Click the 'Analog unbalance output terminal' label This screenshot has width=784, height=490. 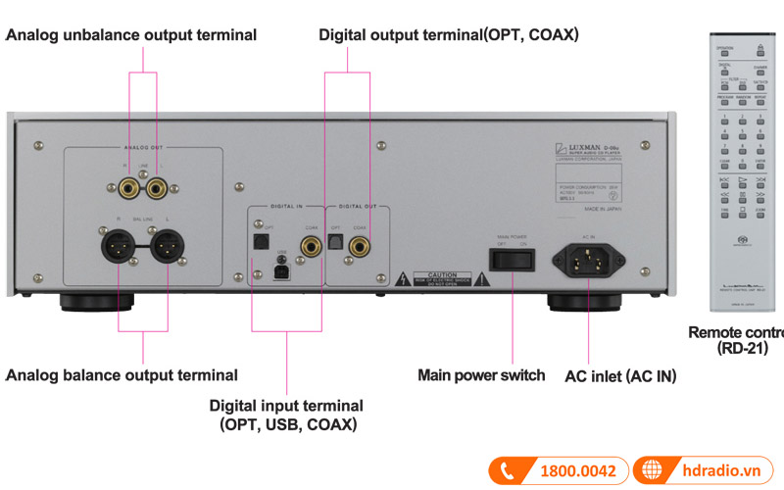[x=131, y=35]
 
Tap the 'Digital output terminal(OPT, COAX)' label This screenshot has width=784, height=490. [x=449, y=35]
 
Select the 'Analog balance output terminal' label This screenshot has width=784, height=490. [x=122, y=374]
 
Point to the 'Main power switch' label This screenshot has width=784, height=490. [x=481, y=374]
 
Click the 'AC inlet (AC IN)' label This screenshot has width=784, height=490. [x=620, y=375]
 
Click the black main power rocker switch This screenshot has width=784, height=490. [x=514, y=260]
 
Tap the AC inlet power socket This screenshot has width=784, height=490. [x=588, y=260]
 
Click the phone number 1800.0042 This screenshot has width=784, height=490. [x=578, y=471]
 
